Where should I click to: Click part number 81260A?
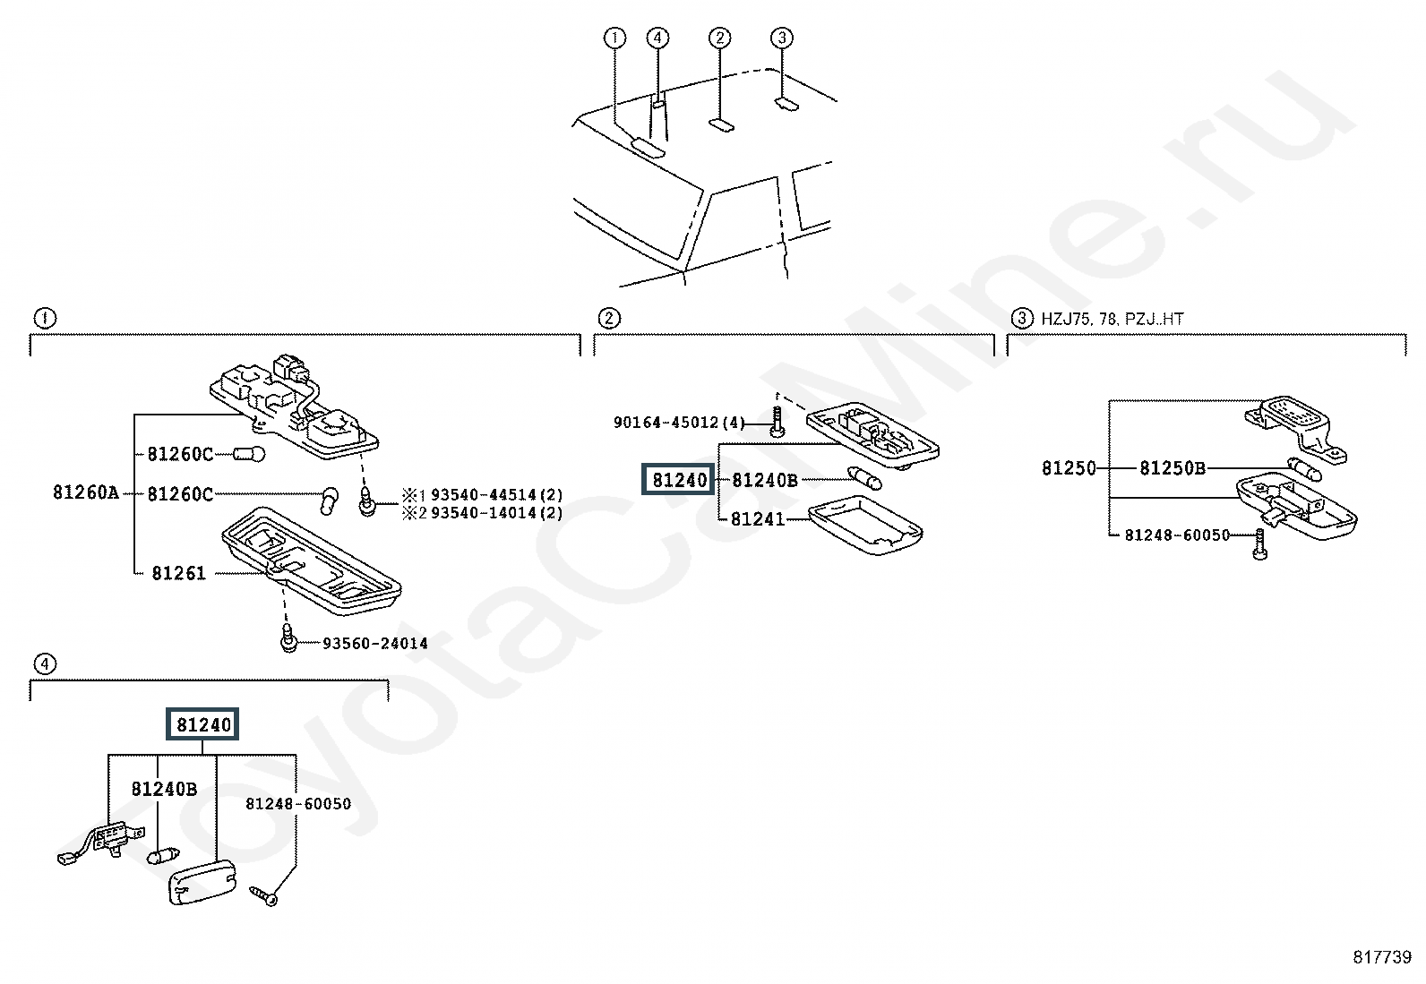[85, 492]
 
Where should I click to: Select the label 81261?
[178, 573]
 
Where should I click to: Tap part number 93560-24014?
[374, 643]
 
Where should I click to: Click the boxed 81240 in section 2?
[679, 480]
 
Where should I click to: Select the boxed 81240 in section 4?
[203, 724]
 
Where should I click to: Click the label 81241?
[757, 519]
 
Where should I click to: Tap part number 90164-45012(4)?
[679, 422]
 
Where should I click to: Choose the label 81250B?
[1173, 467]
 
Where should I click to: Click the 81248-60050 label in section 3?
[1177, 535]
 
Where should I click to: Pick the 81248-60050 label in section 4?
[298, 804]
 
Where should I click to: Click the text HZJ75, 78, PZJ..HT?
[1112, 319]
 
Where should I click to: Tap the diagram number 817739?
[1381, 957]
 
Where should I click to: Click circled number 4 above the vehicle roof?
[657, 38]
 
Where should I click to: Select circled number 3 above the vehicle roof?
[782, 38]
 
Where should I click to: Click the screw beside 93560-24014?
[288, 639]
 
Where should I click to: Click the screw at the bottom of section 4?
[266, 894]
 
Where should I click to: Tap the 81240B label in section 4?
[164, 789]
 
